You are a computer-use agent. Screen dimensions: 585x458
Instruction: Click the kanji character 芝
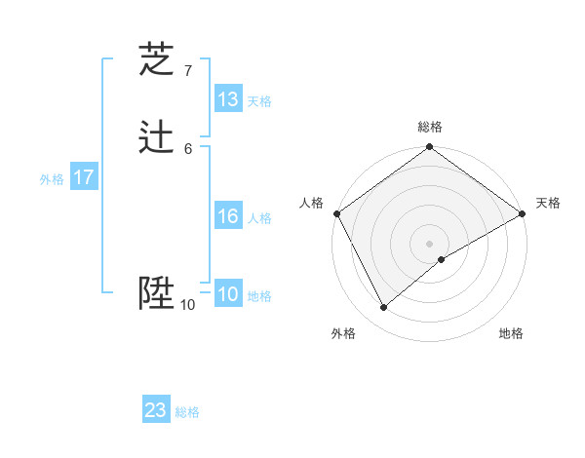(157, 60)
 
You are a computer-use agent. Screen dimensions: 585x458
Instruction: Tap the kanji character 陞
(157, 292)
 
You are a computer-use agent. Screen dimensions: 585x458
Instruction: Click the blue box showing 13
(228, 99)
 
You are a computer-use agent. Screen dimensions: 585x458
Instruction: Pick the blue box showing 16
(228, 216)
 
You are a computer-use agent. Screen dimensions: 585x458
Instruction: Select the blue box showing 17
(84, 178)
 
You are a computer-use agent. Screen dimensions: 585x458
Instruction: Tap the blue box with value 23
(156, 410)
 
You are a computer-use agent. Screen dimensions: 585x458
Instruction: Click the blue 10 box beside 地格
(228, 295)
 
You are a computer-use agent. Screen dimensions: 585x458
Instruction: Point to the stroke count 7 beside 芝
(187, 70)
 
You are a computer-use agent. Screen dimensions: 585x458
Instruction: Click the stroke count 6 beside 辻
(187, 148)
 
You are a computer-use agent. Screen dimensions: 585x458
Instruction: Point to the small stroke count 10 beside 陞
(187, 305)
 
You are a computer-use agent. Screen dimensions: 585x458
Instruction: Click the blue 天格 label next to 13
(259, 100)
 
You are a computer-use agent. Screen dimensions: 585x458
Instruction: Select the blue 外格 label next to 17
(52, 179)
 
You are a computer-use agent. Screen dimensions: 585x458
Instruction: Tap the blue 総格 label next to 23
(187, 411)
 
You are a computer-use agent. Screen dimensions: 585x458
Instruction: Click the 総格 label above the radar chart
(429, 127)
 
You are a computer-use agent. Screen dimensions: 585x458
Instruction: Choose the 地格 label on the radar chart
(511, 334)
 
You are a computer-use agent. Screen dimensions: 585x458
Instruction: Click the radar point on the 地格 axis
(442, 259)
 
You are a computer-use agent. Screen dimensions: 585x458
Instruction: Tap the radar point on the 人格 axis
(336, 213)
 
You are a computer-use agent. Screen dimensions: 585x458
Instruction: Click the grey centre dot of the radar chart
(429, 243)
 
